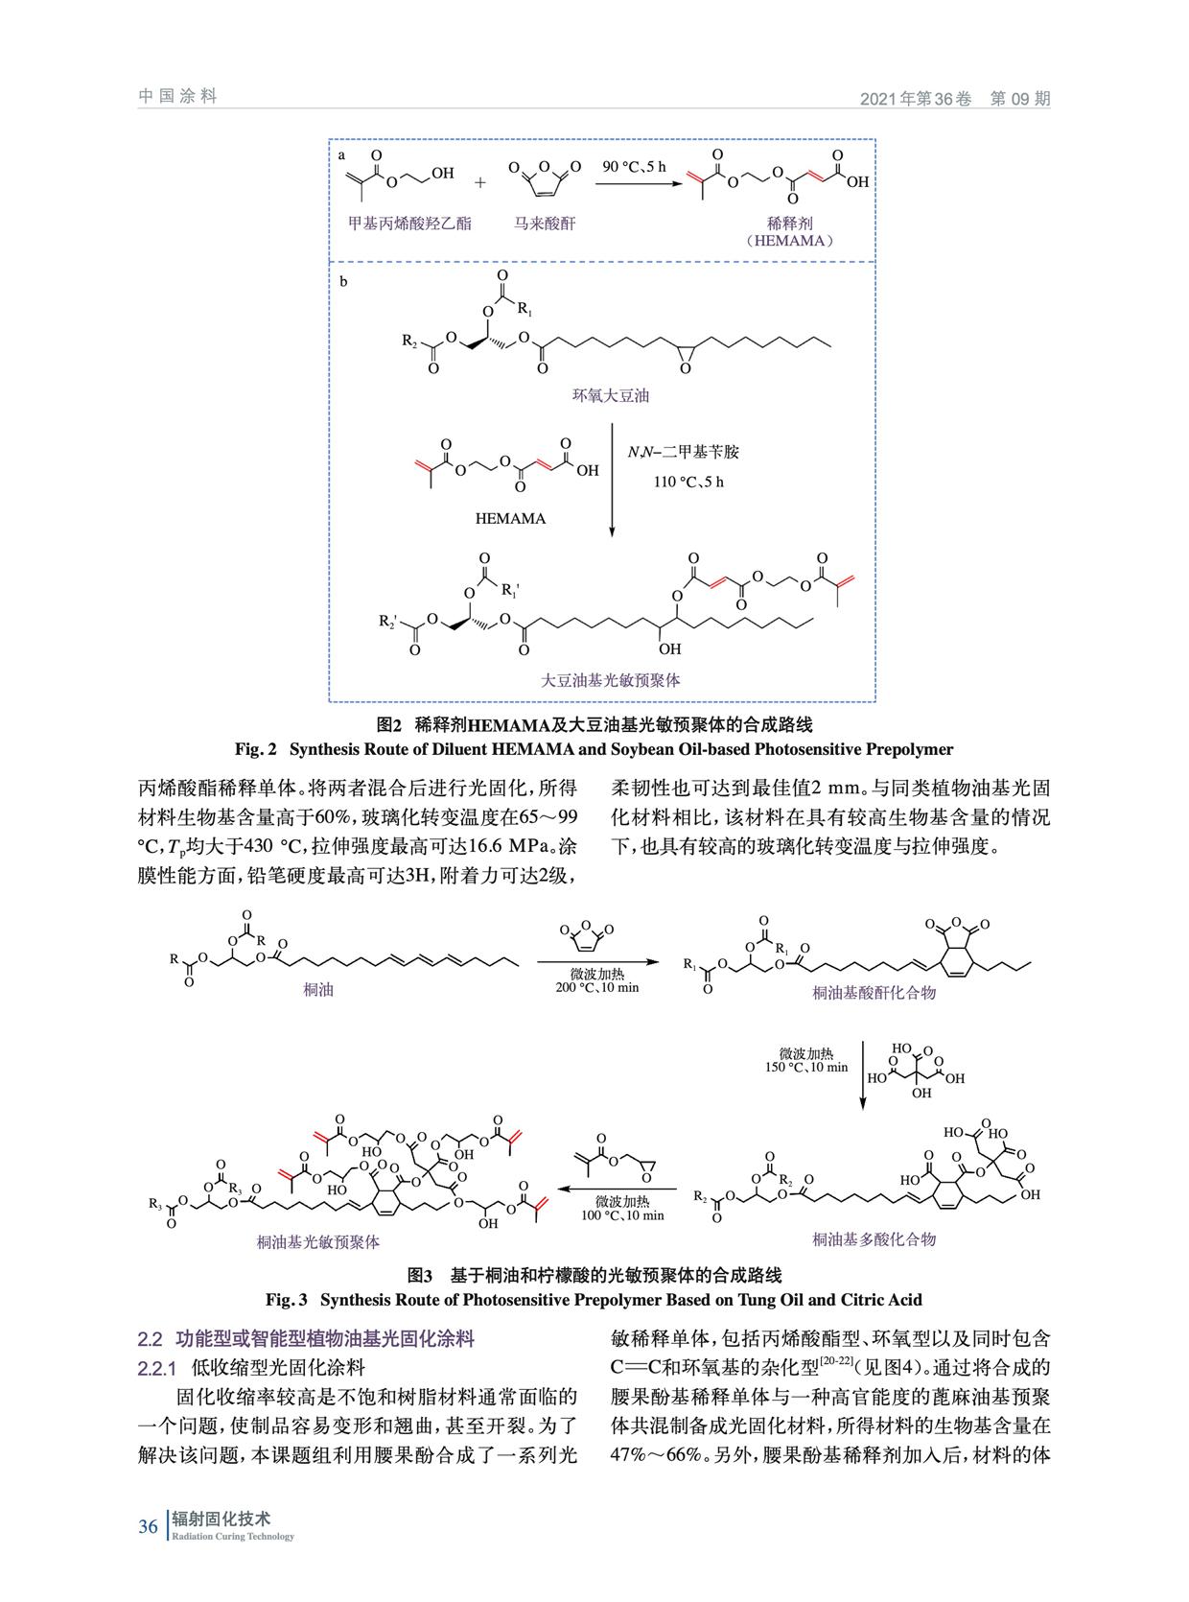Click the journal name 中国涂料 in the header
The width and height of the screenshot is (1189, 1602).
click(x=177, y=96)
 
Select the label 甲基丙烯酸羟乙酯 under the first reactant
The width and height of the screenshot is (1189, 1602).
click(x=409, y=224)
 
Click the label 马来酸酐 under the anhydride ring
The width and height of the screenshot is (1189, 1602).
click(x=545, y=224)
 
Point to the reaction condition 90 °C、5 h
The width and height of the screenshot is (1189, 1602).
click(x=634, y=167)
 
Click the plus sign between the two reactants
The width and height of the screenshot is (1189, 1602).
click(x=480, y=182)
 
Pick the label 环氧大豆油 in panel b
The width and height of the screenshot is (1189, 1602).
click(x=611, y=396)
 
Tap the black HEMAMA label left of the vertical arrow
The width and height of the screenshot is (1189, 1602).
click(x=510, y=519)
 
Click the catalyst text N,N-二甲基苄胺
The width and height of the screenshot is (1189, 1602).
click(x=683, y=452)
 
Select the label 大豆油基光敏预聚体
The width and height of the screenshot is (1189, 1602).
click(x=610, y=680)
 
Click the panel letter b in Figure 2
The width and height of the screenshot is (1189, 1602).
click(x=343, y=282)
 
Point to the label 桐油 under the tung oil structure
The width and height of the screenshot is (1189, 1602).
click(x=318, y=990)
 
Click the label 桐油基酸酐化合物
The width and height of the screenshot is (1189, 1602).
click(x=874, y=993)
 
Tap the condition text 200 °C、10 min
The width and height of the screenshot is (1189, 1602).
click(x=597, y=987)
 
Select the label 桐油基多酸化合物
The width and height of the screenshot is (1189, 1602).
click(x=874, y=1239)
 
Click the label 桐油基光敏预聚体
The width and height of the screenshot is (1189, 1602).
click(x=317, y=1241)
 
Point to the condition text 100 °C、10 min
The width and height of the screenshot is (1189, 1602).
click(x=622, y=1215)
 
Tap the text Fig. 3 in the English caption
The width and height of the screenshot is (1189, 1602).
click(x=286, y=1300)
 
